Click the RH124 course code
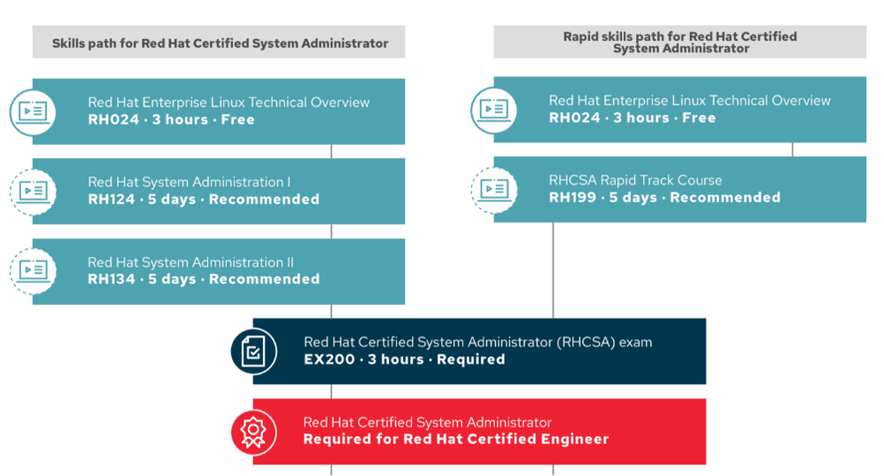pyautogui.click(x=111, y=199)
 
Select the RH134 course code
pyautogui.click(x=111, y=279)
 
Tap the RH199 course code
pyautogui.click(x=572, y=198)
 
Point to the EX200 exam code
pyautogui.click(x=328, y=359)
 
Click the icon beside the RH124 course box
pyautogui.click(x=33, y=191)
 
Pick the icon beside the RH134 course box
pyautogui.click(x=33, y=271)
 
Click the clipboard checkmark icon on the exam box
pyautogui.click(x=253, y=351)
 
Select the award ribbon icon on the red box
pyautogui.click(x=253, y=432)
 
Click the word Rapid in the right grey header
pyautogui.click(x=581, y=36)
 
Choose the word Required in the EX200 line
pyautogui.click(x=470, y=359)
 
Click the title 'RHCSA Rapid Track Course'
pyautogui.click(x=635, y=180)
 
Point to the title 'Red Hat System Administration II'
pyautogui.click(x=190, y=261)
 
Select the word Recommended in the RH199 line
pyautogui.click(x=725, y=198)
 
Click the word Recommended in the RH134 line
pyautogui.click(x=264, y=279)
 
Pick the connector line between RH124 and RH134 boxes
pyautogui.click(x=330, y=231)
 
